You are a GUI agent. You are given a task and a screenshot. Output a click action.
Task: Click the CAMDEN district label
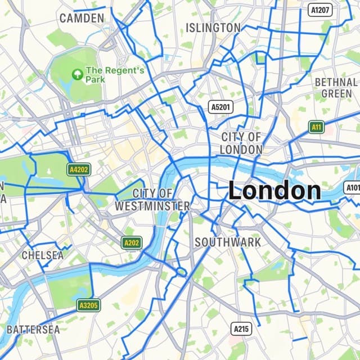click(x=82, y=18)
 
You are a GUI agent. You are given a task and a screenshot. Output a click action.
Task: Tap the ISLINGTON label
click(x=213, y=28)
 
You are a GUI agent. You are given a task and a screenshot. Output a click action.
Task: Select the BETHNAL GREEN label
click(x=336, y=87)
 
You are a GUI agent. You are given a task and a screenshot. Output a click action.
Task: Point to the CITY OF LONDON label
click(x=241, y=143)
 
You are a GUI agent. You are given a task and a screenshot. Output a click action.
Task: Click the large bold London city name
click(x=274, y=191)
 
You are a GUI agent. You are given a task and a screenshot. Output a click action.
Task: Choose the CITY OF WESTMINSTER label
click(x=152, y=200)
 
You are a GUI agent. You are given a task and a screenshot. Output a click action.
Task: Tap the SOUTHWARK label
click(x=227, y=242)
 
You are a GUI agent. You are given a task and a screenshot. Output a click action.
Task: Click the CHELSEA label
click(x=43, y=255)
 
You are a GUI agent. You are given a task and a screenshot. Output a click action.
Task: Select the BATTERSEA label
click(x=33, y=330)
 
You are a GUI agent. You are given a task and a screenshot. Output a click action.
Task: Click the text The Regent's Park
click(x=115, y=75)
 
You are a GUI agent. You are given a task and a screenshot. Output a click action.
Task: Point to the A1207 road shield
click(x=321, y=10)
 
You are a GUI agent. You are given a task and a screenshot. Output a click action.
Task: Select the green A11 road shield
click(x=317, y=127)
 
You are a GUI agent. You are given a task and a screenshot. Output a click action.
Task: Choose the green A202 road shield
click(x=132, y=242)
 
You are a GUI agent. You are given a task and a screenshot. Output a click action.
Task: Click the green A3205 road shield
click(x=88, y=305)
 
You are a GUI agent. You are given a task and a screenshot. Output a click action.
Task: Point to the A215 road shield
click(x=242, y=328)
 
